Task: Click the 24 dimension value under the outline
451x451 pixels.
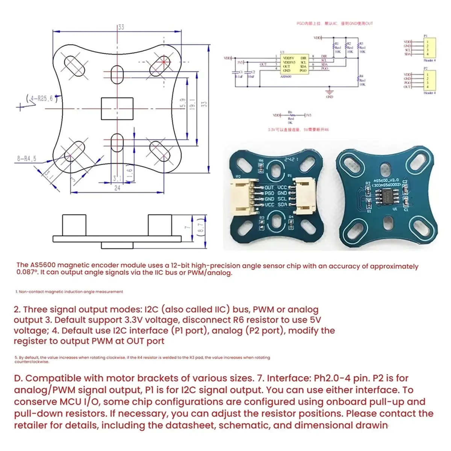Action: pyautogui.click(x=117, y=188)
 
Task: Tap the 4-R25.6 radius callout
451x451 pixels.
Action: pyautogui.click(x=41, y=99)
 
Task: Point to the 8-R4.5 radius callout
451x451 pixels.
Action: pyautogui.click(x=27, y=159)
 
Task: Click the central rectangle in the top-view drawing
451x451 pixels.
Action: pyautogui.click(x=117, y=109)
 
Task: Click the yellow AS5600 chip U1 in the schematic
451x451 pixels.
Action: pyautogui.click(x=294, y=64)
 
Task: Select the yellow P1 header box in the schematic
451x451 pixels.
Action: pyautogui.click(x=429, y=48)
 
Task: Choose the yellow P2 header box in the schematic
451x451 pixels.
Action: pyautogui.click(x=429, y=80)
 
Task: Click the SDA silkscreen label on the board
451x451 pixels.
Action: pyautogui.click(x=282, y=205)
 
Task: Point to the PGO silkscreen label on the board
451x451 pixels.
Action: pyautogui.click(x=269, y=193)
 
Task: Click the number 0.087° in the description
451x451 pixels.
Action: pyautogui.click(x=27, y=273)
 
